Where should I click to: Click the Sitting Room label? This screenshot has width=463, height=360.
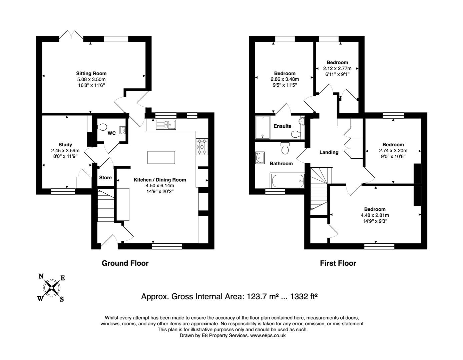click(91, 73)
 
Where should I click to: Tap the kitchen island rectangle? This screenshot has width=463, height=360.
click(161, 157)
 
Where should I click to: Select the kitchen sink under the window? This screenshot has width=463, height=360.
click(166, 125)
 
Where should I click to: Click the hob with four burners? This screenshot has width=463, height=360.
click(201, 146)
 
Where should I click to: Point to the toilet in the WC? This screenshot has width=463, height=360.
click(102, 127)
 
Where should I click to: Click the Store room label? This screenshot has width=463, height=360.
click(105, 177)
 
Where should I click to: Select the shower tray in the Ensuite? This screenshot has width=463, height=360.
click(263, 127)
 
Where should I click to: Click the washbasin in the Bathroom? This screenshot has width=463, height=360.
click(260, 156)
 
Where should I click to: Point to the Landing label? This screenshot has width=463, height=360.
click(329, 152)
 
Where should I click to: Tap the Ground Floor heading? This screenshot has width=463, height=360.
click(125, 263)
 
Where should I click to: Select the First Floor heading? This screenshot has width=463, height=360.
click(338, 263)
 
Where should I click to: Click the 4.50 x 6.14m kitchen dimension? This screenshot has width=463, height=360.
click(160, 186)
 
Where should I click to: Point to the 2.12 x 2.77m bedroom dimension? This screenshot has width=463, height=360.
click(337, 68)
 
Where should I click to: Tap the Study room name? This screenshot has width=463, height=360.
click(65, 145)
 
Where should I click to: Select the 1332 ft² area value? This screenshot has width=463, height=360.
click(304, 296)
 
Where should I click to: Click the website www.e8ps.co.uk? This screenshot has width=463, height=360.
click(268, 336)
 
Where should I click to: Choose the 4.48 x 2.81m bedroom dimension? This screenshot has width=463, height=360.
click(375, 215)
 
